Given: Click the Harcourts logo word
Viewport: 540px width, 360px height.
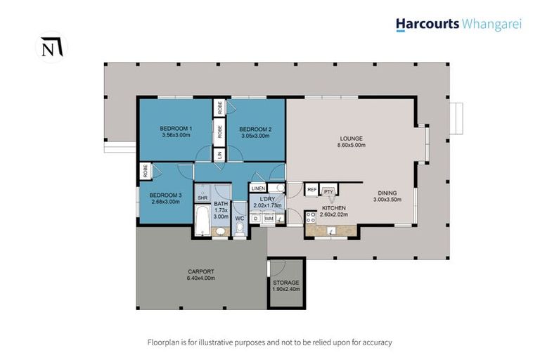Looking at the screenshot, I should coord(427,24).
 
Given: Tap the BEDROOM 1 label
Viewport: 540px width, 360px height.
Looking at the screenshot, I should coord(176,128).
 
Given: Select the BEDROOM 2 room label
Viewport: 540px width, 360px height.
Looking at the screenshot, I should coord(255,129).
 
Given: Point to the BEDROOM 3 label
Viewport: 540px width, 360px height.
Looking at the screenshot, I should coord(166,195).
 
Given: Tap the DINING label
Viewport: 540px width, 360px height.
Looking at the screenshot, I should coord(387,193).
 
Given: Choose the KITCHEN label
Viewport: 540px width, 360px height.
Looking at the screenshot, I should coord(334,209).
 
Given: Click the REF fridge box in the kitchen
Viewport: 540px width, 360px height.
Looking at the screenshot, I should coord(311,190).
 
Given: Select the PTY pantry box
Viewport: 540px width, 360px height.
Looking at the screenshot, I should coord(328,191).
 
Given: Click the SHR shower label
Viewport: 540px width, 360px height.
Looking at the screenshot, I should coord(202,198).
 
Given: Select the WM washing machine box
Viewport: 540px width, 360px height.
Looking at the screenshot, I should coord(268,219).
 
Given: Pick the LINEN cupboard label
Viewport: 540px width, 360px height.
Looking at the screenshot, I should coord(258,188).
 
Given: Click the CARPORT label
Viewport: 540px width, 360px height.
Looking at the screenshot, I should coord(200,271).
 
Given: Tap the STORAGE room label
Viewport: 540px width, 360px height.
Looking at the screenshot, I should coord(286,283).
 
